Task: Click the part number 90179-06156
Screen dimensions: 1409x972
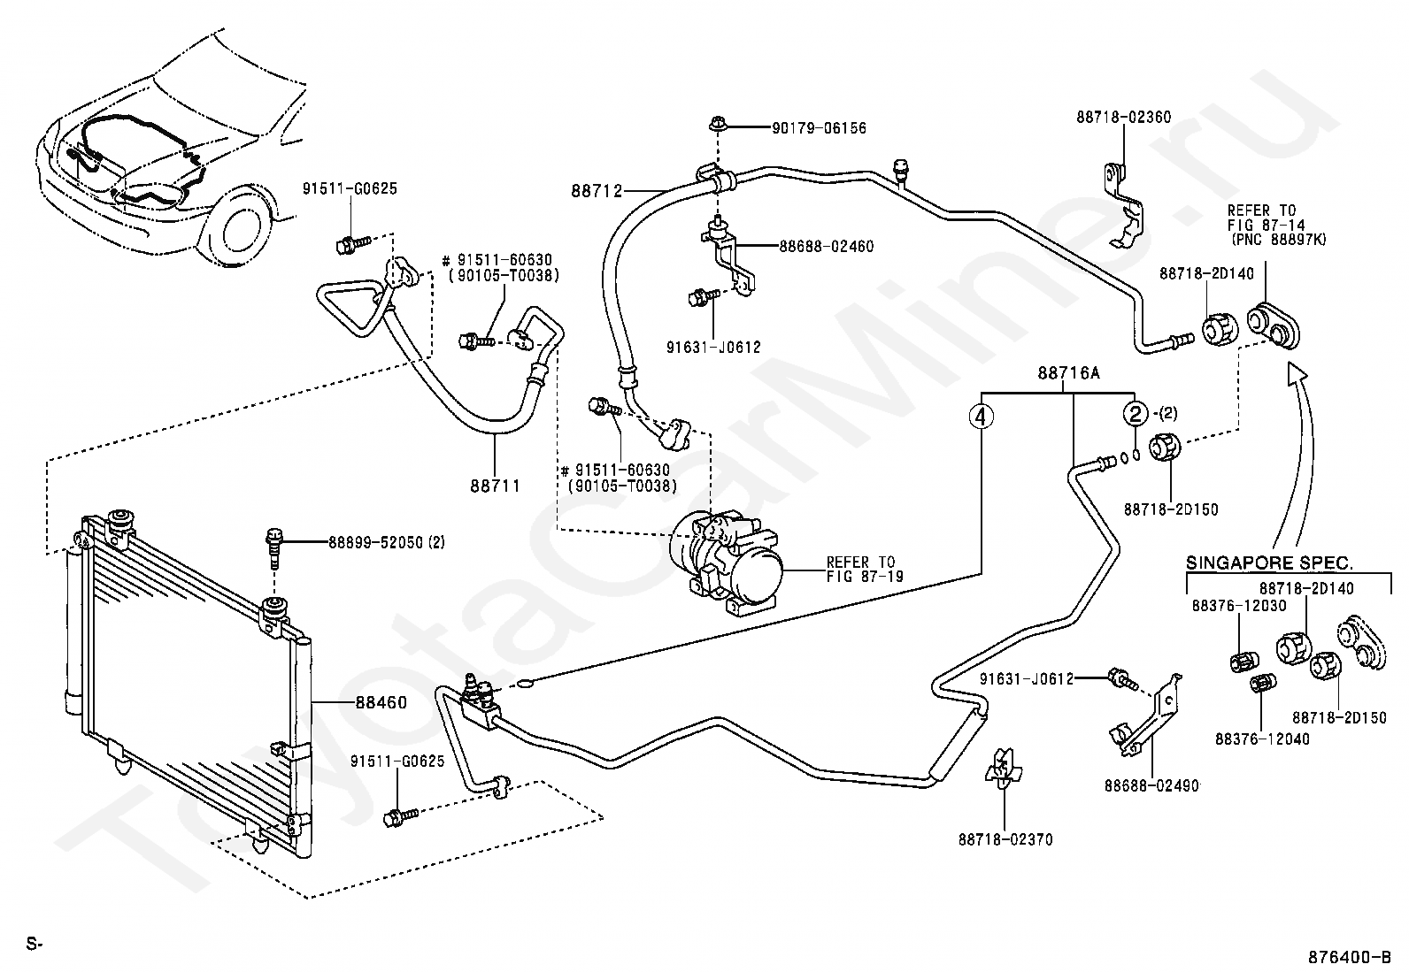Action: click(819, 128)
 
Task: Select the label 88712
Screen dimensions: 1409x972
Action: click(597, 190)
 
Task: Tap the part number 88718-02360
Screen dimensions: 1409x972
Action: click(1123, 117)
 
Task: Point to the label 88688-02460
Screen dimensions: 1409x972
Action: click(827, 247)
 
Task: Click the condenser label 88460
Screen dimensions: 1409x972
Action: click(381, 702)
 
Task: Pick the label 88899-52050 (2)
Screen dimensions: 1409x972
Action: click(387, 542)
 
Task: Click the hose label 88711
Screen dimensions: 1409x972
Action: click(495, 486)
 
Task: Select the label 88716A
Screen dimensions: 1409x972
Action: click(1069, 373)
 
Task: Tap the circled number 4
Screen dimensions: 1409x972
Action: click(982, 417)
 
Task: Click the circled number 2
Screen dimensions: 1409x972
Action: click(1136, 414)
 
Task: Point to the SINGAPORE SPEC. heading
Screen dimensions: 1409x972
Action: click(1269, 563)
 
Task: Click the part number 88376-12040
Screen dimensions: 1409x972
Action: click(1262, 739)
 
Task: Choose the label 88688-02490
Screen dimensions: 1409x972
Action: click(1151, 786)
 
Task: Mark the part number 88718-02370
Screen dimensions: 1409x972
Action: click(1005, 839)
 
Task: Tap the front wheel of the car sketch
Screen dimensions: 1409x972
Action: click(234, 223)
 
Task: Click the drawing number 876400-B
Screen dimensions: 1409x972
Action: click(1349, 957)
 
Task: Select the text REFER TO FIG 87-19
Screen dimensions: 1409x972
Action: click(865, 569)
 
